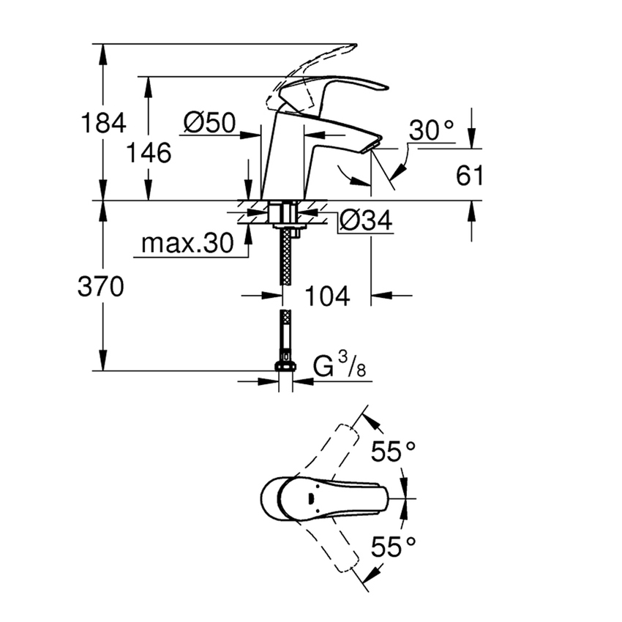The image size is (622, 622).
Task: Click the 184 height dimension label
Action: [103, 122]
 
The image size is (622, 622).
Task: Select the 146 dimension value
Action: [149, 153]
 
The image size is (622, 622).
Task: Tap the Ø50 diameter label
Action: [209, 122]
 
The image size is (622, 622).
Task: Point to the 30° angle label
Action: [431, 131]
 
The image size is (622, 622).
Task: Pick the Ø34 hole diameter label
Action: [367, 220]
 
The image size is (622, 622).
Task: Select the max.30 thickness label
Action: [186, 243]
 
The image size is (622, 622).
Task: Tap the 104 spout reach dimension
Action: [326, 296]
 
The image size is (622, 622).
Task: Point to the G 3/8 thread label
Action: [340, 368]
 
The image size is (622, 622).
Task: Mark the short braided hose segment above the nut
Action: [285, 333]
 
